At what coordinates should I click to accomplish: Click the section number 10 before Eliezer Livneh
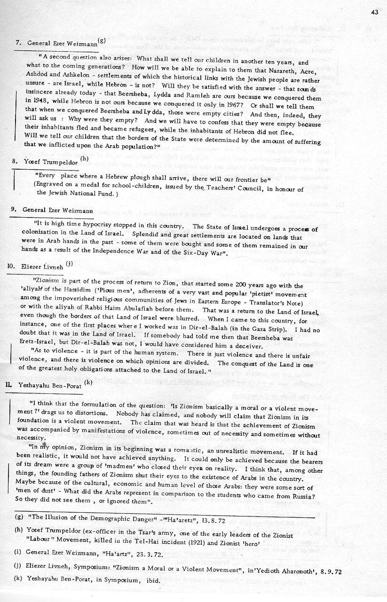pos(10,266)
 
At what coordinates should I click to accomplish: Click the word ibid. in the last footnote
pos(152,580)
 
